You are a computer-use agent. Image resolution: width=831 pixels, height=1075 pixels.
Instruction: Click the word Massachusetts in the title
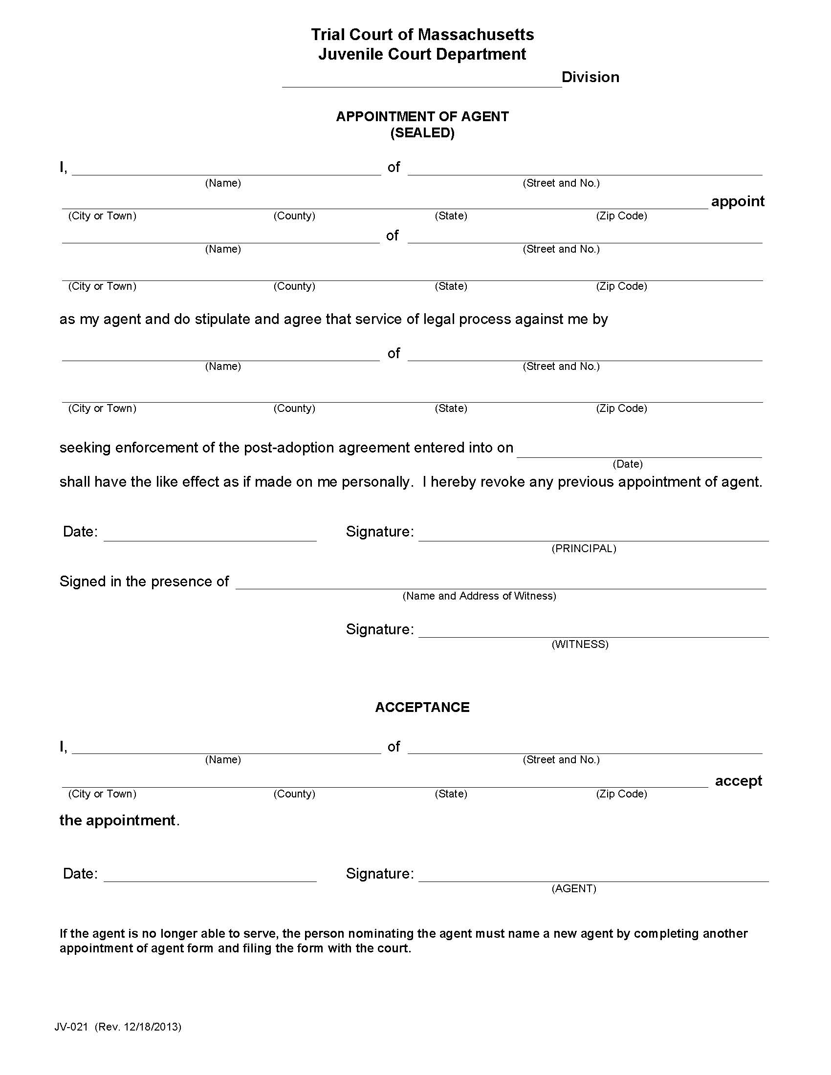click(x=476, y=35)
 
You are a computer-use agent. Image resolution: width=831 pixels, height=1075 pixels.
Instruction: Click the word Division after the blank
click(x=590, y=77)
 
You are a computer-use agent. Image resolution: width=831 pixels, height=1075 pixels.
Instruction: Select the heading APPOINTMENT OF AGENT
click(x=422, y=117)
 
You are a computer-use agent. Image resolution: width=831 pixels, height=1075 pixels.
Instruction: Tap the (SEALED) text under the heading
click(x=422, y=133)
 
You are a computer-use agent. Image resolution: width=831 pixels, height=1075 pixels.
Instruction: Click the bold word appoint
click(x=737, y=201)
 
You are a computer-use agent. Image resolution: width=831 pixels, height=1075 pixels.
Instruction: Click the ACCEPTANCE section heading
click(x=422, y=708)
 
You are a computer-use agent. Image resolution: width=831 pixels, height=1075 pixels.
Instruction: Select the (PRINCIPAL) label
click(x=583, y=548)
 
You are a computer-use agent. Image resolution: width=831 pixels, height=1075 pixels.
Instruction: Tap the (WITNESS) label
click(x=579, y=645)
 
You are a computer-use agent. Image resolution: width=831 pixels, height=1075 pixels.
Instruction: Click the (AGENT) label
click(x=573, y=888)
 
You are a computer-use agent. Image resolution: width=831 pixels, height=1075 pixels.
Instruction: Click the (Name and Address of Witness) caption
click(x=479, y=596)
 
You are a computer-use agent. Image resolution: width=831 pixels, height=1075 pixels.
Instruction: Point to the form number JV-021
click(x=71, y=1027)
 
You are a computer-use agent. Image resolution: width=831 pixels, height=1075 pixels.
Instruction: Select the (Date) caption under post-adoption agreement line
click(x=627, y=464)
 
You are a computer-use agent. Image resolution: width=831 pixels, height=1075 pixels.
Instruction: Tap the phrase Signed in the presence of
click(x=144, y=581)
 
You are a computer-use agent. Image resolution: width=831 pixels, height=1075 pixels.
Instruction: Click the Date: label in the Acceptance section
click(x=80, y=874)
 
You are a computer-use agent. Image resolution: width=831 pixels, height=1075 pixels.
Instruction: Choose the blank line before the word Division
click(x=421, y=84)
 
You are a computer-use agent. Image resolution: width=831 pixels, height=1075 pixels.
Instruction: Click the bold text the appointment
click(x=117, y=820)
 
